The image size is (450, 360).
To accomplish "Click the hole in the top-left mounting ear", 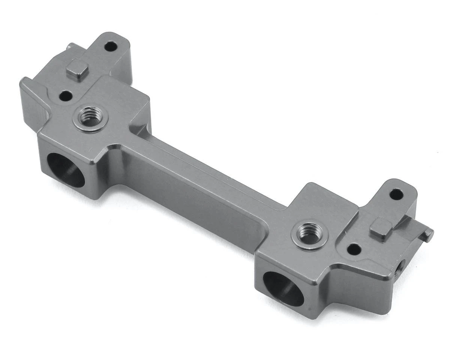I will pyautogui.click(x=110, y=47).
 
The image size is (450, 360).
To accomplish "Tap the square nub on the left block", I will pyautogui.click(x=77, y=70).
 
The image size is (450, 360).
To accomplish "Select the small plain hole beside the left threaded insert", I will pyautogui.click(x=66, y=96).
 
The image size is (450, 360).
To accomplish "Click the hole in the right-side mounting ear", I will pyautogui.click(x=396, y=194).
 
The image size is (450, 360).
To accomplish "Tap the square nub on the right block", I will pyautogui.click(x=381, y=228).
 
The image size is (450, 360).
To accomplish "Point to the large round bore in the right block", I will pyautogui.click(x=283, y=288).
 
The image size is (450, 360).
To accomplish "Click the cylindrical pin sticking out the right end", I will pyautogui.click(x=428, y=235).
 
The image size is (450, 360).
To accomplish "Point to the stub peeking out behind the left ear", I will pyautogui.click(x=69, y=46).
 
